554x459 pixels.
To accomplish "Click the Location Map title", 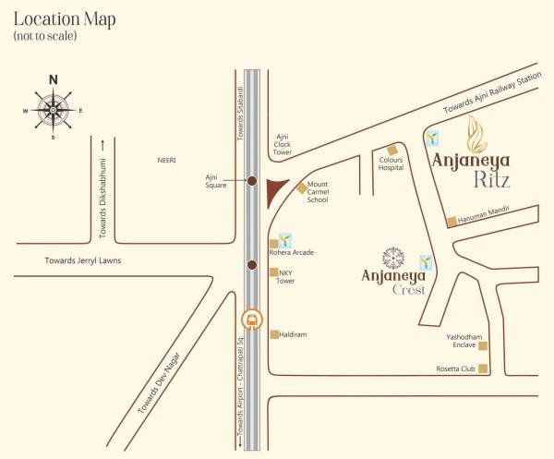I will (x=64, y=20).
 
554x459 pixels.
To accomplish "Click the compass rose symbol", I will (x=53, y=109).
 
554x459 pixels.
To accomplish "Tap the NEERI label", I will (x=166, y=160).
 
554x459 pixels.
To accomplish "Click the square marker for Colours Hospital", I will (x=392, y=150).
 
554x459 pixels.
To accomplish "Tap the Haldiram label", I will (x=293, y=334).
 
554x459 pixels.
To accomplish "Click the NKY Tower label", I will (x=286, y=276).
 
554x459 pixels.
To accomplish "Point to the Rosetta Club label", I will (x=455, y=368).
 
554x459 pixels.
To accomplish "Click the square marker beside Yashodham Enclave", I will (x=482, y=346).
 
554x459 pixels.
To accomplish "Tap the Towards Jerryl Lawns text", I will (x=83, y=261).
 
